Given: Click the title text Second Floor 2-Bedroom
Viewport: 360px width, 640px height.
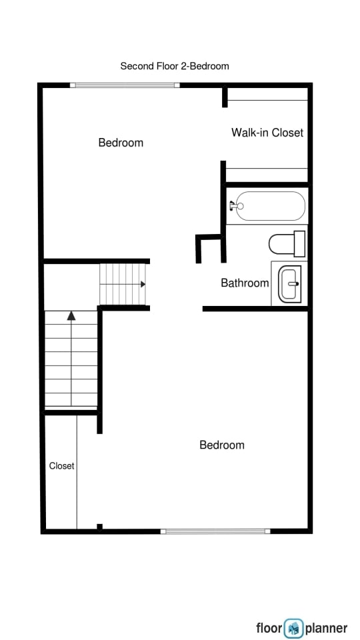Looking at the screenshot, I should [x=175, y=66].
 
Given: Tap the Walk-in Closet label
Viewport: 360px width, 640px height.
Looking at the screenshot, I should [x=267, y=133].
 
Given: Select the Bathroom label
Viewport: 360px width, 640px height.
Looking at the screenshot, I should [x=245, y=283].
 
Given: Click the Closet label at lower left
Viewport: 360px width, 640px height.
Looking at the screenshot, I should [x=61, y=466].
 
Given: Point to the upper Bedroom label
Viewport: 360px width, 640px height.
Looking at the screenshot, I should [x=121, y=143].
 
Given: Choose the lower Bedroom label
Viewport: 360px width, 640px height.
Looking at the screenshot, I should [x=222, y=445].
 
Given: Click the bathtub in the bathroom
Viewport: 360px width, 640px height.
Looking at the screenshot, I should [x=270, y=206].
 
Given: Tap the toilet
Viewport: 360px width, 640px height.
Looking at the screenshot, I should [x=287, y=243].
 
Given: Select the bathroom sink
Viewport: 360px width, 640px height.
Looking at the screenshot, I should [x=290, y=284].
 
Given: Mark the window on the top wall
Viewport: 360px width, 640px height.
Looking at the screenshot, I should [x=125, y=85].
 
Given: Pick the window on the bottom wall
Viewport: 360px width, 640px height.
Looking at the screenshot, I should [x=215, y=531].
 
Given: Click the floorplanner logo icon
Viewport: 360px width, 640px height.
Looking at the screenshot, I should [x=294, y=628].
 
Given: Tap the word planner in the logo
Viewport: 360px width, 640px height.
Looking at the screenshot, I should [x=327, y=628].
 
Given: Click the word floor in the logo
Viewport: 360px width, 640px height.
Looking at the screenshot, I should [x=270, y=628].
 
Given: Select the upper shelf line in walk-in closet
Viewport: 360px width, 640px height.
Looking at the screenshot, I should [x=267, y=101].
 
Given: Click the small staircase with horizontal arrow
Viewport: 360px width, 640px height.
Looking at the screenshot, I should [x=123, y=284].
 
